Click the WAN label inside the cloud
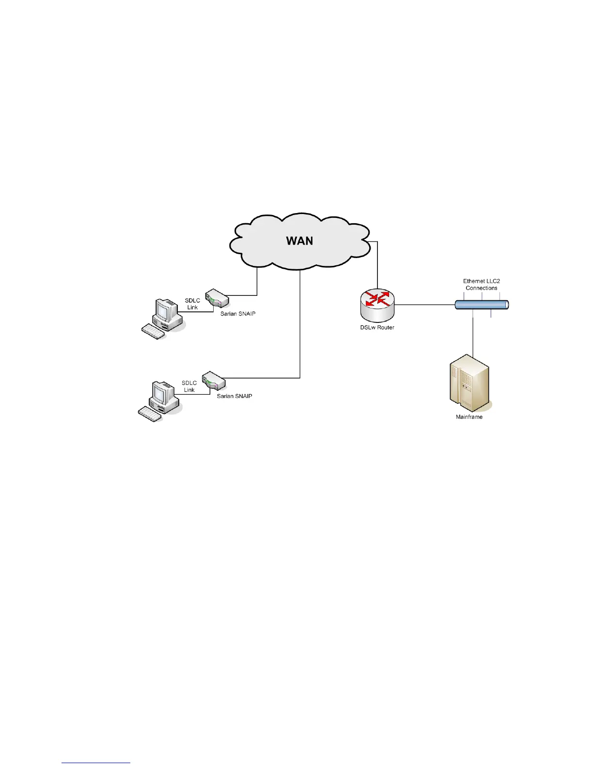pyautogui.click(x=299, y=241)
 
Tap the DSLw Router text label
pyautogui.click(x=377, y=327)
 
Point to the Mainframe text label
pyautogui.click(x=469, y=417)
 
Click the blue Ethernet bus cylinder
pyautogui.click(x=482, y=305)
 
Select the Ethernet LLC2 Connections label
pyautogui.click(x=481, y=284)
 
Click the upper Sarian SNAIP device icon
pyautogui.click(x=217, y=298)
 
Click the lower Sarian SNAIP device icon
pyautogui.click(x=214, y=381)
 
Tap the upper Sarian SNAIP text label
pyautogui.click(x=238, y=314)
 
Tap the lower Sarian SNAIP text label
pyautogui.click(x=234, y=396)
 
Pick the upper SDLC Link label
pyautogui.click(x=192, y=304)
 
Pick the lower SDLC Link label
pyautogui.click(x=189, y=386)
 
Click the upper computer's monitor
pyautogui.click(x=165, y=310)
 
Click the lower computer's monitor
pyautogui.click(x=161, y=392)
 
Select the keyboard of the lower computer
pyautogui.click(x=150, y=414)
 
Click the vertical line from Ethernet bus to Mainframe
pyautogui.click(x=473, y=334)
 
